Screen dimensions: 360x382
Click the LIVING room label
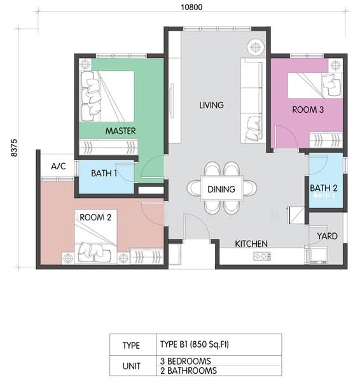pos(211,105)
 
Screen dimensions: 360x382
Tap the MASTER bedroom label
pos(120,131)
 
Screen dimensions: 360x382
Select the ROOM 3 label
pos(308,110)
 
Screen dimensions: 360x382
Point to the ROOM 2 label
pos(95,217)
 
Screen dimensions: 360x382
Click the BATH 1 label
pos(104,173)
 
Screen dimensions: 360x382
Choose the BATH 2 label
pos(324,188)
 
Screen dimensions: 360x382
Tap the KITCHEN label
pos(251,244)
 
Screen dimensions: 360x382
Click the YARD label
pos(327,236)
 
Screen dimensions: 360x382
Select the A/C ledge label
pos(59,166)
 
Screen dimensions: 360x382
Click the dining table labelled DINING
pos(221,188)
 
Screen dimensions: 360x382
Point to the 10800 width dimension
pos(191,7)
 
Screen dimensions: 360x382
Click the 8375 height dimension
pos(15,148)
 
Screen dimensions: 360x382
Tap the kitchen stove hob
pos(262,257)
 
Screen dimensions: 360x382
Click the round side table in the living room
pos(255,46)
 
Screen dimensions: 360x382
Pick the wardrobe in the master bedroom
pos(108,147)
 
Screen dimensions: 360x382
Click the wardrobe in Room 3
pos(326,140)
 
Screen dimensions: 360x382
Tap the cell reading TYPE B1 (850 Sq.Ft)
pos(195,344)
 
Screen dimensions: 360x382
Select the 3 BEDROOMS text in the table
pos(186,361)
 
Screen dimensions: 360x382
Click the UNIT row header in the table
pos(132,366)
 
